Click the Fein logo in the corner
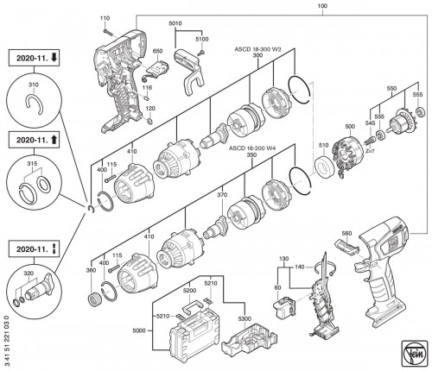click(414, 354)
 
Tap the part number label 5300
click(245, 318)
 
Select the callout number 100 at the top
click(322, 6)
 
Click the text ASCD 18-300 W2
click(257, 49)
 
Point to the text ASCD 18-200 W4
click(252, 148)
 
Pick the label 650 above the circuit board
click(157, 51)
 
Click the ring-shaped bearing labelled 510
click(323, 166)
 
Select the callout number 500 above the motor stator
click(350, 126)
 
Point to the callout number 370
click(222, 195)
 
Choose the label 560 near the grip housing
click(346, 233)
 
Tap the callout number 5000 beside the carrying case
click(139, 330)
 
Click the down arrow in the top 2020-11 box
click(54, 58)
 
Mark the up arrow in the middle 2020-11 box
click(54, 140)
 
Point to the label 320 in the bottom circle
click(30, 274)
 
